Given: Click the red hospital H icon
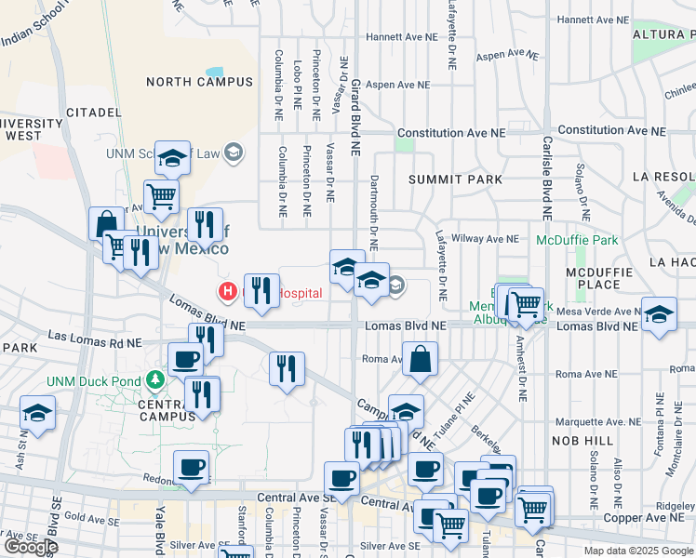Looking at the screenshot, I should (x=227, y=292).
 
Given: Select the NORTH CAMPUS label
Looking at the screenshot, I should (x=199, y=82).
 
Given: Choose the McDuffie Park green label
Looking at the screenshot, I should (x=577, y=240).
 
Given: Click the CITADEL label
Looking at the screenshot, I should (x=93, y=112).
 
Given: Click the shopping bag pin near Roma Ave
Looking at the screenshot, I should (x=421, y=359).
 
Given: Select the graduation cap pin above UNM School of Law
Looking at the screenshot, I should (x=173, y=159).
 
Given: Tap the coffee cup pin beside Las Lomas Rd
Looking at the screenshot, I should (x=184, y=359).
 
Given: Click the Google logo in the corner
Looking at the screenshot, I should (x=32, y=547).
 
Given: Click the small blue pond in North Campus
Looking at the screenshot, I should (x=214, y=71).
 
